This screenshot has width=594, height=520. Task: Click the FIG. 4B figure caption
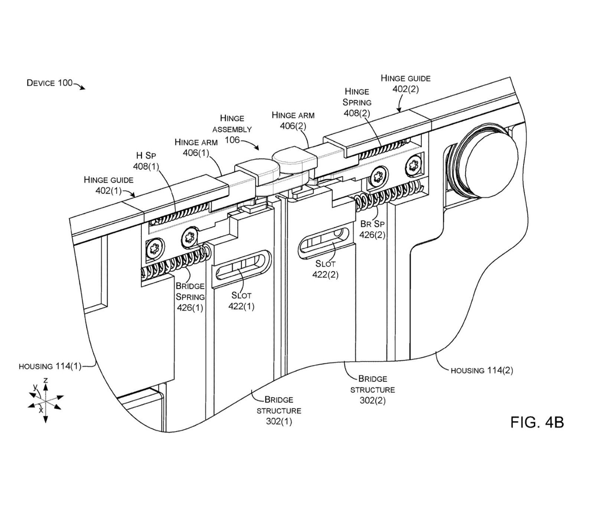[537, 422]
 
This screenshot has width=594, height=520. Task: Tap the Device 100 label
[50, 83]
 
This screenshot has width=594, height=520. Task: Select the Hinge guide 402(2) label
[405, 84]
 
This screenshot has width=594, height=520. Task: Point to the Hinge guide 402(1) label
[108, 185]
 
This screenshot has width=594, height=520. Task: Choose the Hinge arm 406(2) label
[293, 121]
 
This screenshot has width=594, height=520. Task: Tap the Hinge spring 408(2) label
[357, 102]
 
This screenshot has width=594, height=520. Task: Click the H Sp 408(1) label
[146, 161]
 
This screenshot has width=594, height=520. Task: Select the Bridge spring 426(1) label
[190, 297]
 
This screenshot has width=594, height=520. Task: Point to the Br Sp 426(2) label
[372, 229]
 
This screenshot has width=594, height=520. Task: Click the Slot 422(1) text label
[241, 301]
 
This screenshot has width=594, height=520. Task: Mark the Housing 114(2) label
[482, 370]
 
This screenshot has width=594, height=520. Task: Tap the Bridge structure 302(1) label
[279, 411]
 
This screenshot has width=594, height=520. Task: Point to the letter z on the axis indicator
[45, 380]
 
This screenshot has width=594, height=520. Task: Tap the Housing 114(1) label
[50, 366]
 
